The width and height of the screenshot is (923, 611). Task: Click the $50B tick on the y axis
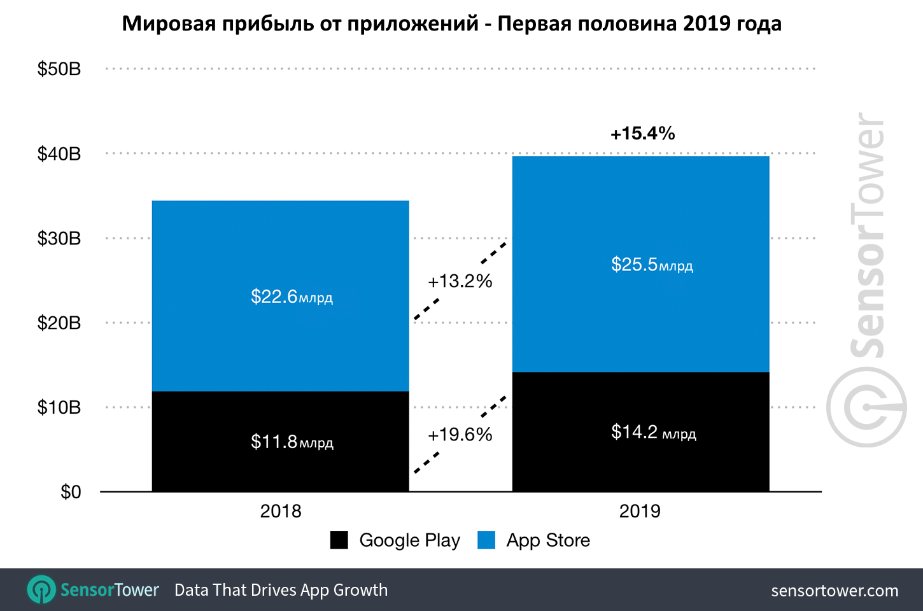pyautogui.click(x=59, y=69)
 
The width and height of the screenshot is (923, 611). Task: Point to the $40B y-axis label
pyautogui.click(x=59, y=153)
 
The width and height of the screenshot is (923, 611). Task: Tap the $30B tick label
pyautogui.click(x=59, y=238)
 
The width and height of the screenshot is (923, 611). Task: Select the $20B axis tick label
pyautogui.click(x=59, y=323)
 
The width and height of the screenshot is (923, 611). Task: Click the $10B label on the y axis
pyautogui.click(x=59, y=407)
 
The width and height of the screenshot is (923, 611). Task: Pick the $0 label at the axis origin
pyautogui.click(x=71, y=492)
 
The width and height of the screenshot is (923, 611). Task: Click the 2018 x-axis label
pyautogui.click(x=281, y=511)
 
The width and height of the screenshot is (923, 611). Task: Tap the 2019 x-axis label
pyautogui.click(x=640, y=511)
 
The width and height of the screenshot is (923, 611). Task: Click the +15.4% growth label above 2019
pyautogui.click(x=642, y=134)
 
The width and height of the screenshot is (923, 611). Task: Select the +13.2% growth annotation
pyautogui.click(x=460, y=281)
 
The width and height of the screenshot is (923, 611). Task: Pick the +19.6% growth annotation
pyautogui.click(x=460, y=435)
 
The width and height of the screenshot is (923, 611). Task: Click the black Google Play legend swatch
pyautogui.click(x=339, y=540)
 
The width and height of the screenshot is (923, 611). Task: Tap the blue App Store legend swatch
pyautogui.click(x=486, y=540)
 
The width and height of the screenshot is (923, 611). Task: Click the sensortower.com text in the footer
pyautogui.click(x=835, y=591)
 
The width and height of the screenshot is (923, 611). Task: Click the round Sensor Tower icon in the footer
pyautogui.click(x=41, y=590)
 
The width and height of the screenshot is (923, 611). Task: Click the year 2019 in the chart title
pyautogui.click(x=707, y=24)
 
